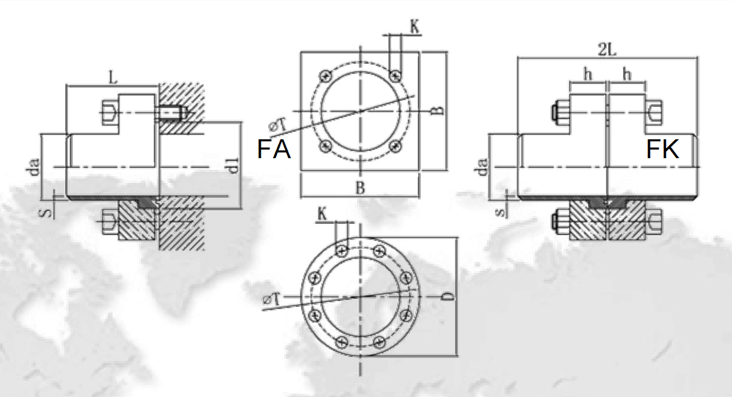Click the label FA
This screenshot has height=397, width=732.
[x=274, y=149]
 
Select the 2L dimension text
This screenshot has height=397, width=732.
[x=607, y=48]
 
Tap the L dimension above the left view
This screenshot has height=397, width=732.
[x=111, y=76]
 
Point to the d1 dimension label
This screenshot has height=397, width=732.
[x=234, y=166]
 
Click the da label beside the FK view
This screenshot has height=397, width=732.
[x=481, y=168]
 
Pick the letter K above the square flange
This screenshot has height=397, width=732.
[x=414, y=27]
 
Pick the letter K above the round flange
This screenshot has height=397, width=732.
[x=321, y=214]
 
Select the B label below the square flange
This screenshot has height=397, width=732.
[x=359, y=188]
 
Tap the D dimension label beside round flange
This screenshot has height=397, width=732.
[x=449, y=297]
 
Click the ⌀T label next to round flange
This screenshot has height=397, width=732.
[x=271, y=299]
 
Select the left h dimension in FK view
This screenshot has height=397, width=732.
[x=587, y=74]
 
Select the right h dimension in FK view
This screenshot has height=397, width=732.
[x=627, y=74]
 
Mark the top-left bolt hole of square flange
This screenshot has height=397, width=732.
[x=325, y=75]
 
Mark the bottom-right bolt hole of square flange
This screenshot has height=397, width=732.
[x=395, y=146]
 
